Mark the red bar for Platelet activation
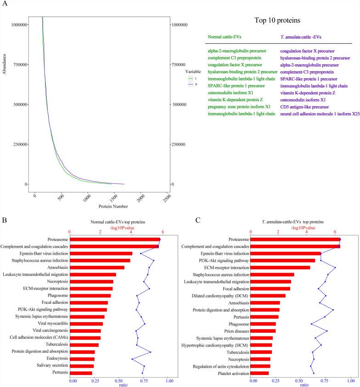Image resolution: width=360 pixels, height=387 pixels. (x=259, y=373)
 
